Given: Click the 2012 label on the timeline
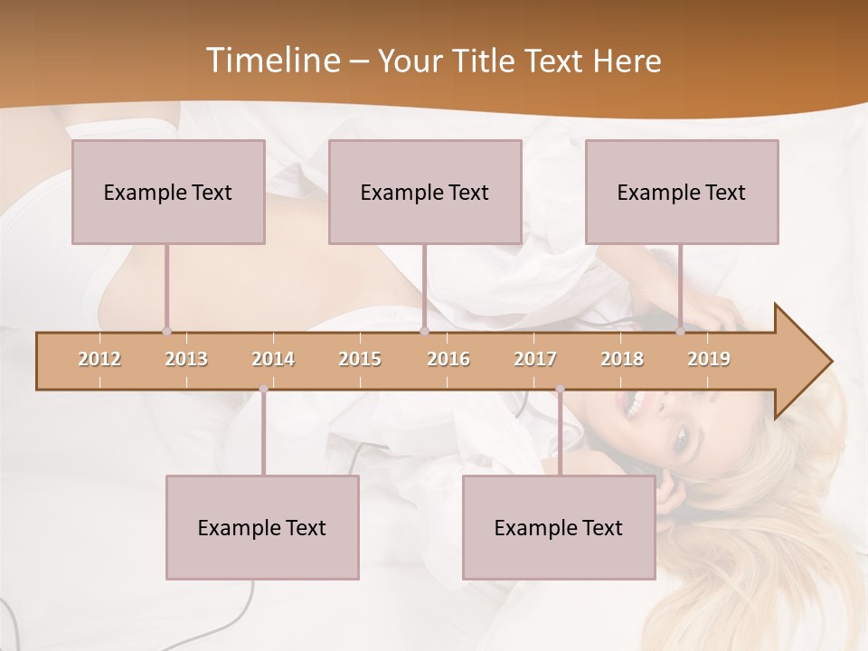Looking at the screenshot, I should [x=99, y=359].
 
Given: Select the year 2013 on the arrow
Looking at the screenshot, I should [x=186, y=359].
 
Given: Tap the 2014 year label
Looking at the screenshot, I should [x=273, y=359].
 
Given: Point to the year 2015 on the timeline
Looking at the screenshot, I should [x=360, y=359].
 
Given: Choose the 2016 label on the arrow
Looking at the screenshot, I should [x=448, y=359].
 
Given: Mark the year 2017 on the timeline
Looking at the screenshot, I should [x=535, y=359].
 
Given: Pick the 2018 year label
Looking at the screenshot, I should [x=622, y=359].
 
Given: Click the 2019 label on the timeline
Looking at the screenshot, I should [x=709, y=359].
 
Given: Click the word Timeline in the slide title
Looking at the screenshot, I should [x=271, y=61].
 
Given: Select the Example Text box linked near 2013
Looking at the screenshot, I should [x=168, y=192].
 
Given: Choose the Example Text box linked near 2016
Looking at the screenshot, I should [x=425, y=192].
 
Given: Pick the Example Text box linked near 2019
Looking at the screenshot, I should [x=682, y=192].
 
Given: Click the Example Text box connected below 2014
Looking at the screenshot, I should [x=262, y=527].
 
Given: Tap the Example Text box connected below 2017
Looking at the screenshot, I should [x=559, y=527].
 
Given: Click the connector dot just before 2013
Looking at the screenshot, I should [x=166, y=332].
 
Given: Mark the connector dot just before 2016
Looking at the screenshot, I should [x=424, y=332].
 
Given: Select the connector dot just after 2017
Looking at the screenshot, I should [x=560, y=389].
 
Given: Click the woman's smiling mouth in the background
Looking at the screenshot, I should [x=629, y=401].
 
